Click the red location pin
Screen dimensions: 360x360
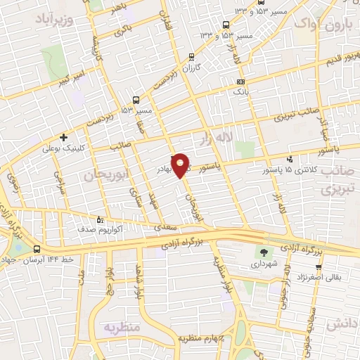click(181, 165)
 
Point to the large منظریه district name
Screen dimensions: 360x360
click(122, 328)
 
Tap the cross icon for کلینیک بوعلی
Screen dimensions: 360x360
click(64, 137)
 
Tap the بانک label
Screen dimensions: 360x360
click(240, 91)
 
